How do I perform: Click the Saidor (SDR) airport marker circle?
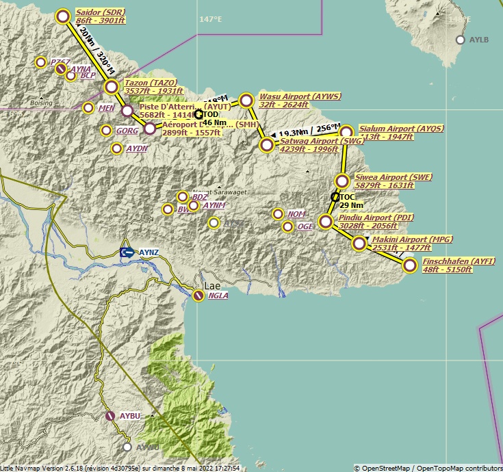click(x=64, y=17)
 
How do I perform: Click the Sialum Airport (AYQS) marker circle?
click(x=346, y=132)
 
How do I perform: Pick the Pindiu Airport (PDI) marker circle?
click(x=326, y=222)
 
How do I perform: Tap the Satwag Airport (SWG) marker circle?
click(x=267, y=145)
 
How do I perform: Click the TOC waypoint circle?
click(x=335, y=197)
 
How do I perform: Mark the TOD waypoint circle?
click(x=198, y=114)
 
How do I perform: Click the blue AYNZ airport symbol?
click(x=127, y=252)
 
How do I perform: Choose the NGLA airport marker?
click(x=198, y=296)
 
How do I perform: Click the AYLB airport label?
click(x=479, y=40)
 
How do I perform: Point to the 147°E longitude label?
click(x=211, y=19)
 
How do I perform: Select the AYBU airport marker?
click(x=110, y=415)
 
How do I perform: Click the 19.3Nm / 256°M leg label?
click(x=309, y=130)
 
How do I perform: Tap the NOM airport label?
click(x=296, y=214)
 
